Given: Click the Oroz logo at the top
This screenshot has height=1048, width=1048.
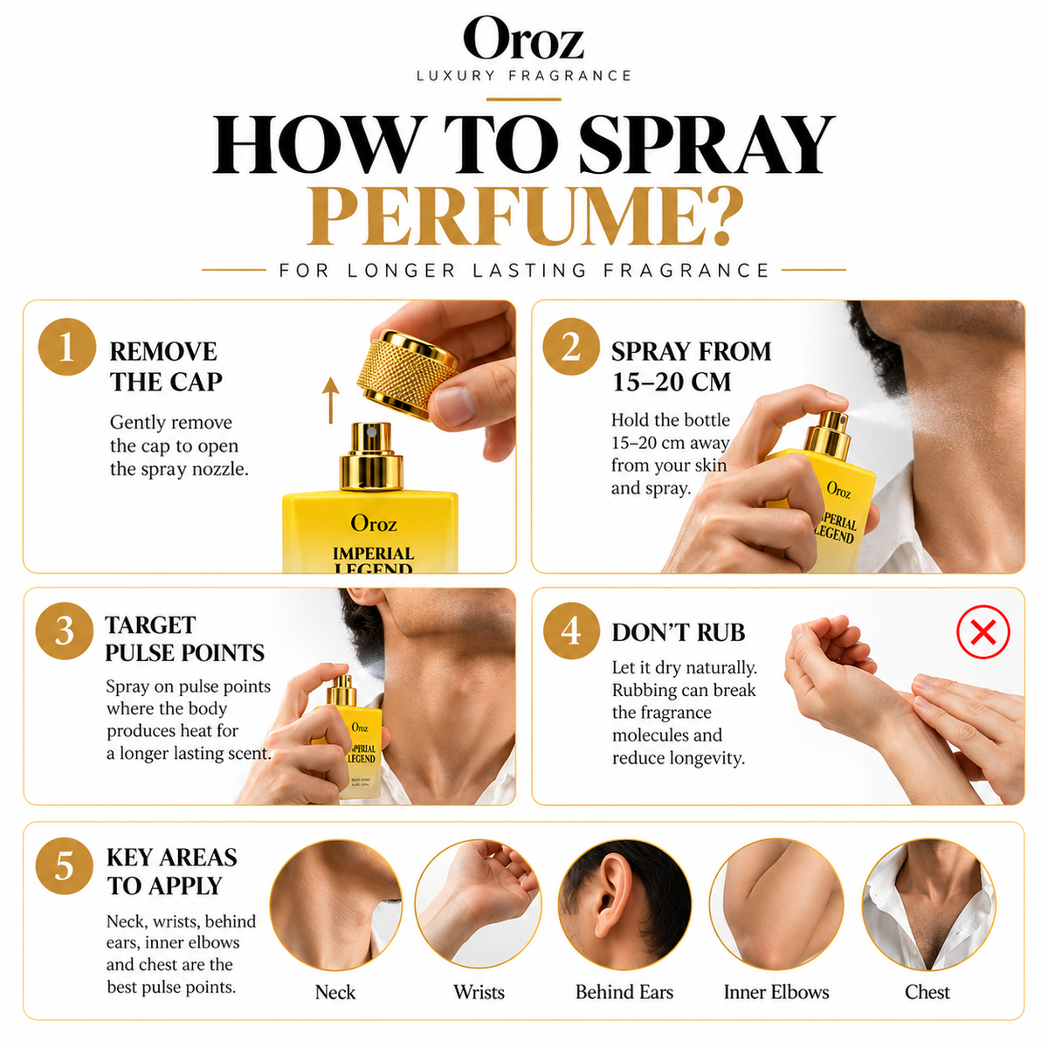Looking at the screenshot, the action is tap(523, 38).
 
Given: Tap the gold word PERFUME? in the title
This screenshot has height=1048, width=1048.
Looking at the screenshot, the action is tap(524, 217).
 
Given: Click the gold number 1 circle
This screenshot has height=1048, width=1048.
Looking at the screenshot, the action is tap(67, 347).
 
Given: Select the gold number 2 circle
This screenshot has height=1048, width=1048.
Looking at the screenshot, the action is tap(571, 347).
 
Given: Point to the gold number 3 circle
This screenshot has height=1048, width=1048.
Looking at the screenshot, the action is tap(64, 631).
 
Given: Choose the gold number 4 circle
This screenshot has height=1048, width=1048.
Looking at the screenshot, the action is tap(571, 631).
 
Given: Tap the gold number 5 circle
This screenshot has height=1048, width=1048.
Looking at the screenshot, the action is tap(64, 865).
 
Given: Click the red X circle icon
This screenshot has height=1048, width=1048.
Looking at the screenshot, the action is tap(983, 632).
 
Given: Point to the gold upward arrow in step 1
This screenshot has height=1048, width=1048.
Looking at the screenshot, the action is tap(330, 401).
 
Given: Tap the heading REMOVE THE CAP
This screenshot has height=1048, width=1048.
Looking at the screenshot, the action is tap(166, 367).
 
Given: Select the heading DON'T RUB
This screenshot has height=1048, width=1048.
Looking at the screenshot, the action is tap(679, 632).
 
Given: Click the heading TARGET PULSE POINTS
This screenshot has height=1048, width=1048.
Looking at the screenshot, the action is tap(184, 639).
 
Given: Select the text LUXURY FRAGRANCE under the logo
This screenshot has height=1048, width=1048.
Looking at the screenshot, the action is tap(524, 76).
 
